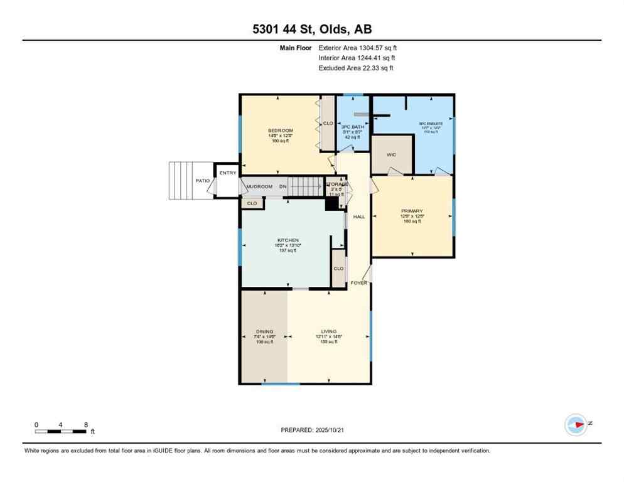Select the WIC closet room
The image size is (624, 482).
click(x=390, y=154)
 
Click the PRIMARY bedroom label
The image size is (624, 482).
click(x=412, y=211)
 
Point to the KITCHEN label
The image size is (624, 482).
click(x=288, y=240)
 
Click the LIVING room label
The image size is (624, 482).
click(x=328, y=331)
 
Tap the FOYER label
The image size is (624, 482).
click(x=358, y=283)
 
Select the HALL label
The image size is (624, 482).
click(x=358, y=217)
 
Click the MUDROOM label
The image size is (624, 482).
click(x=259, y=186)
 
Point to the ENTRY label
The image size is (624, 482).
click(x=227, y=173)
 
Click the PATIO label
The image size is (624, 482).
click(x=202, y=181)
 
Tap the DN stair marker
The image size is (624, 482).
click(x=283, y=186)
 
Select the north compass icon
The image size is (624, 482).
click(x=576, y=424)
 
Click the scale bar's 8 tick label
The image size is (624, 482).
click(x=85, y=424)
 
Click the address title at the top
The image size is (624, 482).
click(x=312, y=29)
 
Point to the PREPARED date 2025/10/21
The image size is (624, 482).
click(x=313, y=430)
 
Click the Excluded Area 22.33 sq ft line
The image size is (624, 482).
click(x=356, y=68)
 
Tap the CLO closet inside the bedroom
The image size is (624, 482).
click(x=328, y=124)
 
